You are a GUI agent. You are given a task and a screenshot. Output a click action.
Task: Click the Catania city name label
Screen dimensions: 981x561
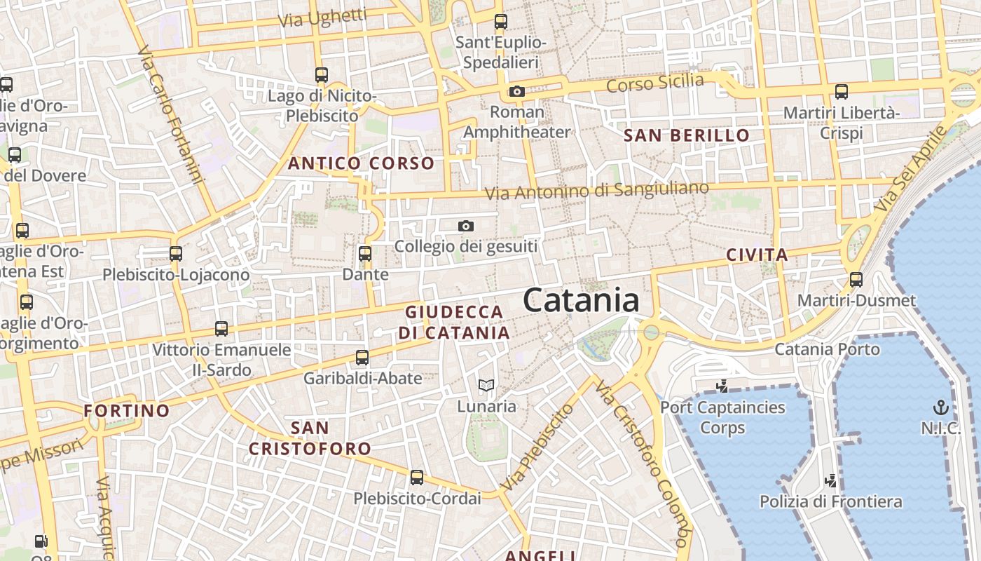(581, 301)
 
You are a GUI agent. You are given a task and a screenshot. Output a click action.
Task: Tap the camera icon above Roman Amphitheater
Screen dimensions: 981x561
(517, 91)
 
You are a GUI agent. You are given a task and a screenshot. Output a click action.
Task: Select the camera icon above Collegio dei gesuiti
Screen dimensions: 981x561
(466, 226)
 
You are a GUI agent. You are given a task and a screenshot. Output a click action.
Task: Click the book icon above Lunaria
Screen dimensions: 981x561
(486, 385)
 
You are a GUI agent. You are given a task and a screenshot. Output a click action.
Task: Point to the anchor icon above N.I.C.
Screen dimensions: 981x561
(940, 407)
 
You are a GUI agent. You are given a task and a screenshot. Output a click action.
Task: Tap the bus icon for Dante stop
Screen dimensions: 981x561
(365, 253)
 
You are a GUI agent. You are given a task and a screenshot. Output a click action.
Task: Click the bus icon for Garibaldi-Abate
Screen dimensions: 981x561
(362, 358)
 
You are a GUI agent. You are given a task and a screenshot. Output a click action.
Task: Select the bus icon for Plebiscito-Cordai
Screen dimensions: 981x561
(417, 478)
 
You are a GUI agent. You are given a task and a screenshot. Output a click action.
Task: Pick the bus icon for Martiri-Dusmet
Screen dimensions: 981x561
(856, 280)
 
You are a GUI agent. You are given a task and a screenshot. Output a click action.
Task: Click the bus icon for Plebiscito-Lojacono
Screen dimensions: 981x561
(176, 253)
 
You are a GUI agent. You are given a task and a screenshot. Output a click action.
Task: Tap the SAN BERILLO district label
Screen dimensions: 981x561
(687, 135)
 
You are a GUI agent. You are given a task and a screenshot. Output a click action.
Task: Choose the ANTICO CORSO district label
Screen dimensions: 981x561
(362, 164)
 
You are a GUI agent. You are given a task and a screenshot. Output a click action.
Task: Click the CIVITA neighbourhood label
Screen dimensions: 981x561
(757, 255)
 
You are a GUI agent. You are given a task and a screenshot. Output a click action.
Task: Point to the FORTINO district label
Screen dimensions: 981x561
(127, 410)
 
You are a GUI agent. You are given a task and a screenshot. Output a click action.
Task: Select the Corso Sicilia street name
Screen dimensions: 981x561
(655, 83)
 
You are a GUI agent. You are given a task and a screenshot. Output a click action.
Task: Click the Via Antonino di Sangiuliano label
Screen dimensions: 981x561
(597, 191)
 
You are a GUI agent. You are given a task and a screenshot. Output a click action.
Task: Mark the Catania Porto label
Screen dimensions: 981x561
(828, 349)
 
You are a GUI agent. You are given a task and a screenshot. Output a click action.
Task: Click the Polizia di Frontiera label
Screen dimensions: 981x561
(831, 501)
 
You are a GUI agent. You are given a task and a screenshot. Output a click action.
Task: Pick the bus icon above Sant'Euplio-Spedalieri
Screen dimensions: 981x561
(500, 22)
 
